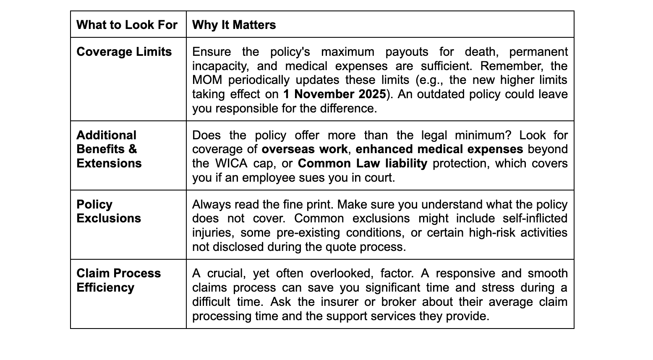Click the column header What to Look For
click(127, 25)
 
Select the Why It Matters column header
click(234, 25)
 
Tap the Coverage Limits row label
click(124, 52)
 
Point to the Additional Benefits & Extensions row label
click(109, 149)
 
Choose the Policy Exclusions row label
click(108, 211)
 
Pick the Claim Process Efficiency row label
click(118, 280)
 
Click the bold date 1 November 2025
click(334, 94)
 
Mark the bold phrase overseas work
click(304, 149)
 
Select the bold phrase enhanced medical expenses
click(439, 149)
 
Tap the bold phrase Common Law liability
click(362, 163)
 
